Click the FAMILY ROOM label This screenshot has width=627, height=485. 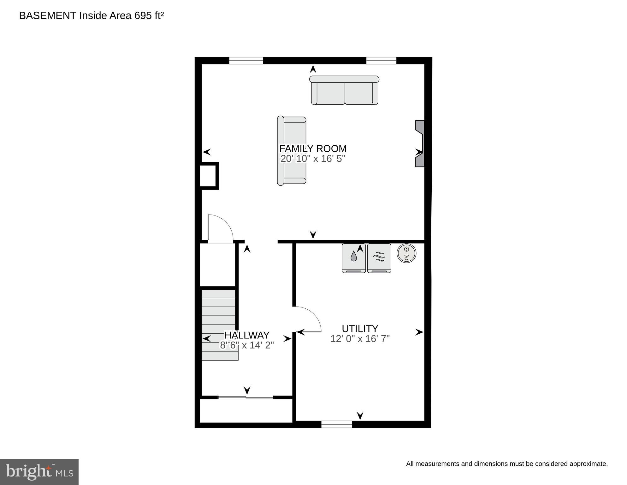coord(313,149)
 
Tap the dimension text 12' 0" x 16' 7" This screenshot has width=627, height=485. coord(360,339)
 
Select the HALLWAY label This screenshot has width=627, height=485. coord(247,335)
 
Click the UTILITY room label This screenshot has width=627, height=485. coord(360,329)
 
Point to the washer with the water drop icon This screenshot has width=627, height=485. coord(354,258)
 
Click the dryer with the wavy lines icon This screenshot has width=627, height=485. coord(379,258)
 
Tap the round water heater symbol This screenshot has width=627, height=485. coord(406,253)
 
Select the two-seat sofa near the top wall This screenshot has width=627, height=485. coord(344,90)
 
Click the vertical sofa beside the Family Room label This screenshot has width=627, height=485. coord(291,151)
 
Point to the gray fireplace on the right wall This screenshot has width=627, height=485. coord(420,144)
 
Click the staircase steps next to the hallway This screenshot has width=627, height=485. coord(219,324)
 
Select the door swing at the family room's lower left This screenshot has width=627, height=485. coord(220,228)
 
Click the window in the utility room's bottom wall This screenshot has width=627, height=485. coord(336,424)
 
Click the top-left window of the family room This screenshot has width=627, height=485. coord(246,61)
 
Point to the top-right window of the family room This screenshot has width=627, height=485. coord(381,61)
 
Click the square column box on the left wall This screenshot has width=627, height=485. coord(209,176)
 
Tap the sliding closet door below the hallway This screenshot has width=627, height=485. coord(246,397)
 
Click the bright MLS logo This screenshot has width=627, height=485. coord(39,472)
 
